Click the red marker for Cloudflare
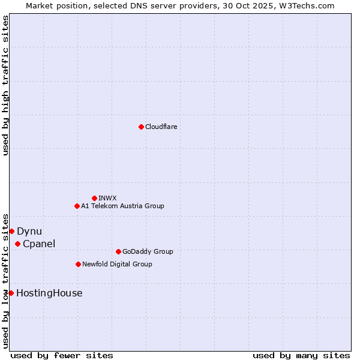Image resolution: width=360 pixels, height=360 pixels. click(x=141, y=127)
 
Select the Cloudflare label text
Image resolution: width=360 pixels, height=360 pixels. click(x=161, y=127)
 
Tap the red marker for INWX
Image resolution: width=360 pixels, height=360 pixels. click(x=94, y=198)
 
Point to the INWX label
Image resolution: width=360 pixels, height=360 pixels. click(x=107, y=198)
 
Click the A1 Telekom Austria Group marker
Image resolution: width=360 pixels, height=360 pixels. click(x=77, y=206)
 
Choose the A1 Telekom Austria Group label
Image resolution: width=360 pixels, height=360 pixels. click(x=122, y=206)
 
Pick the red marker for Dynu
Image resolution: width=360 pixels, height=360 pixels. click(x=11, y=231)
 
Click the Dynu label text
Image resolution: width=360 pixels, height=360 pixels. click(x=29, y=231)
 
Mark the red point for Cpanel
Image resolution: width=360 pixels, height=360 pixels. click(x=17, y=244)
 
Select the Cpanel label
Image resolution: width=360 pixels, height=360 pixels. click(x=39, y=244)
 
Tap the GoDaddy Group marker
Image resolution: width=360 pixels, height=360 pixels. click(x=118, y=251)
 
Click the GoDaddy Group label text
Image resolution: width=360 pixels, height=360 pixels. click(x=148, y=251)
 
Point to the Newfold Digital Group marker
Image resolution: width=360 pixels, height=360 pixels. click(x=78, y=264)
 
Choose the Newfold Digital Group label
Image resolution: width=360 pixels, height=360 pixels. click(x=117, y=264)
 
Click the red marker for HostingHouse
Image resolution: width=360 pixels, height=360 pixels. click(x=11, y=293)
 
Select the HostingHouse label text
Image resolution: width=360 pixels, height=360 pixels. click(x=49, y=293)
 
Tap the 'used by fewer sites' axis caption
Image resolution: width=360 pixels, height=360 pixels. click(x=62, y=355)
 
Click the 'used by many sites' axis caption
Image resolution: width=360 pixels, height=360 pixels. click(x=301, y=355)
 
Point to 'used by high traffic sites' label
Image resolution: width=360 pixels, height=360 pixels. click(x=5, y=85)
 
